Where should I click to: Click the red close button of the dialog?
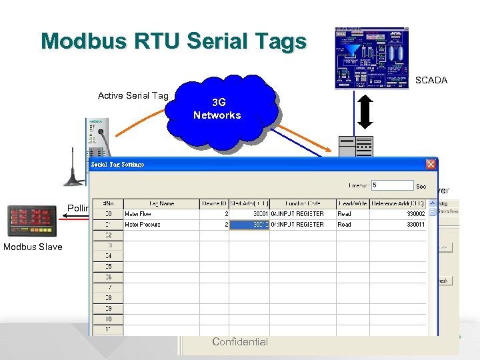tap(431, 164)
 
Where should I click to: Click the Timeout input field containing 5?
tap(393, 185)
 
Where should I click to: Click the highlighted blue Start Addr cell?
tap(249, 225)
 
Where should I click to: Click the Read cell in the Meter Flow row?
tap(344, 214)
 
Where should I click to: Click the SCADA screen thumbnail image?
tap(372, 59)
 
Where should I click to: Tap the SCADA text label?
tap(431, 80)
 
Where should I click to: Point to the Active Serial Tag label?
tap(133, 95)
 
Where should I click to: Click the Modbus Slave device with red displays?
tap(31, 221)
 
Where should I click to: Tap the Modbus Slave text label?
tap(33, 247)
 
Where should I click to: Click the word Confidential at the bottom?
tap(240, 342)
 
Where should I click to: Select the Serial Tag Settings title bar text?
tap(117, 164)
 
